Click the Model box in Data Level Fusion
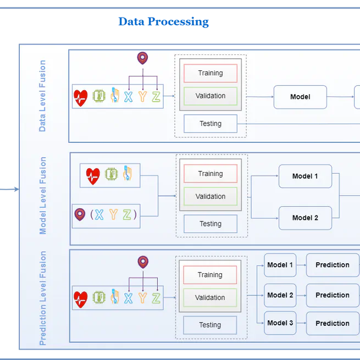click(300, 97)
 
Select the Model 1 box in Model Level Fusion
click(305, 176)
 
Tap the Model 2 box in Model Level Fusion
click(305, 218)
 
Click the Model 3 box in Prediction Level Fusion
click(280, 323)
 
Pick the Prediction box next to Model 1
click(332, 265)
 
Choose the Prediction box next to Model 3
click(332, 323)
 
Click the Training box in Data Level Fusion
click(211, 73)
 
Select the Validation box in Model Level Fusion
click(211, 196)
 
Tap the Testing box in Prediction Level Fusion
click(210, 325)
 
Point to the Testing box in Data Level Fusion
click(211, 124)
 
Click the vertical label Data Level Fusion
click(42, 96)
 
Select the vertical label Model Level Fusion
click(43, 196)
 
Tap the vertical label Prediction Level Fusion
click(43, 298)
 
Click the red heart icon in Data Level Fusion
click(81, 97)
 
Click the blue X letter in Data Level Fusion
click(128, 97)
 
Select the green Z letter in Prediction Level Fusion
click(156, 298)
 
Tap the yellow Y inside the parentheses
click(113, 214)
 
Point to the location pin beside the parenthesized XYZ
click(80, 214)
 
